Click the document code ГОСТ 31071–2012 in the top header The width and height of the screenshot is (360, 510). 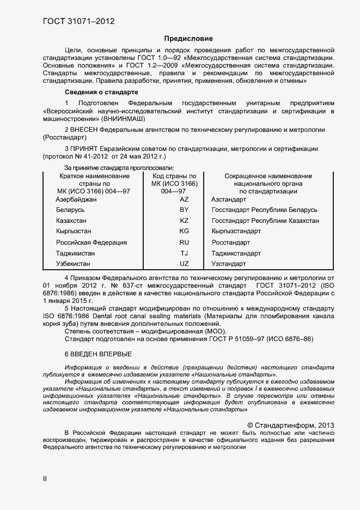click(78, 22)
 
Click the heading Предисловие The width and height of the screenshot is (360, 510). click(188, 39)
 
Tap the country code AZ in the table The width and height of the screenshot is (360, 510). click(184, 199)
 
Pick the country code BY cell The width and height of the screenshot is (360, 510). click(184, 210)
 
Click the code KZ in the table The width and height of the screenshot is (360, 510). click(184, 221)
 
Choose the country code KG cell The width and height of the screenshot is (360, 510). click(184, 231)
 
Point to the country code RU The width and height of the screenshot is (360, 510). click(184, 242)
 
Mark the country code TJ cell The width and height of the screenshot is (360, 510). click(184, 253)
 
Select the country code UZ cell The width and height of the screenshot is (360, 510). click(184, 264)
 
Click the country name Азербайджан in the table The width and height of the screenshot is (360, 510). click(76, 199)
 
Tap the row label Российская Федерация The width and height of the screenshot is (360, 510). click(91, 242)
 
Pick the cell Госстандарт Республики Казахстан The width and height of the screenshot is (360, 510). click(265, 221)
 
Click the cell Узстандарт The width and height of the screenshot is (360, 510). click(229, 264)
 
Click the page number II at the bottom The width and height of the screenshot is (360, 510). click(45, 478)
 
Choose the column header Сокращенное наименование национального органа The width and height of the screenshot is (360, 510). click(268, 184)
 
